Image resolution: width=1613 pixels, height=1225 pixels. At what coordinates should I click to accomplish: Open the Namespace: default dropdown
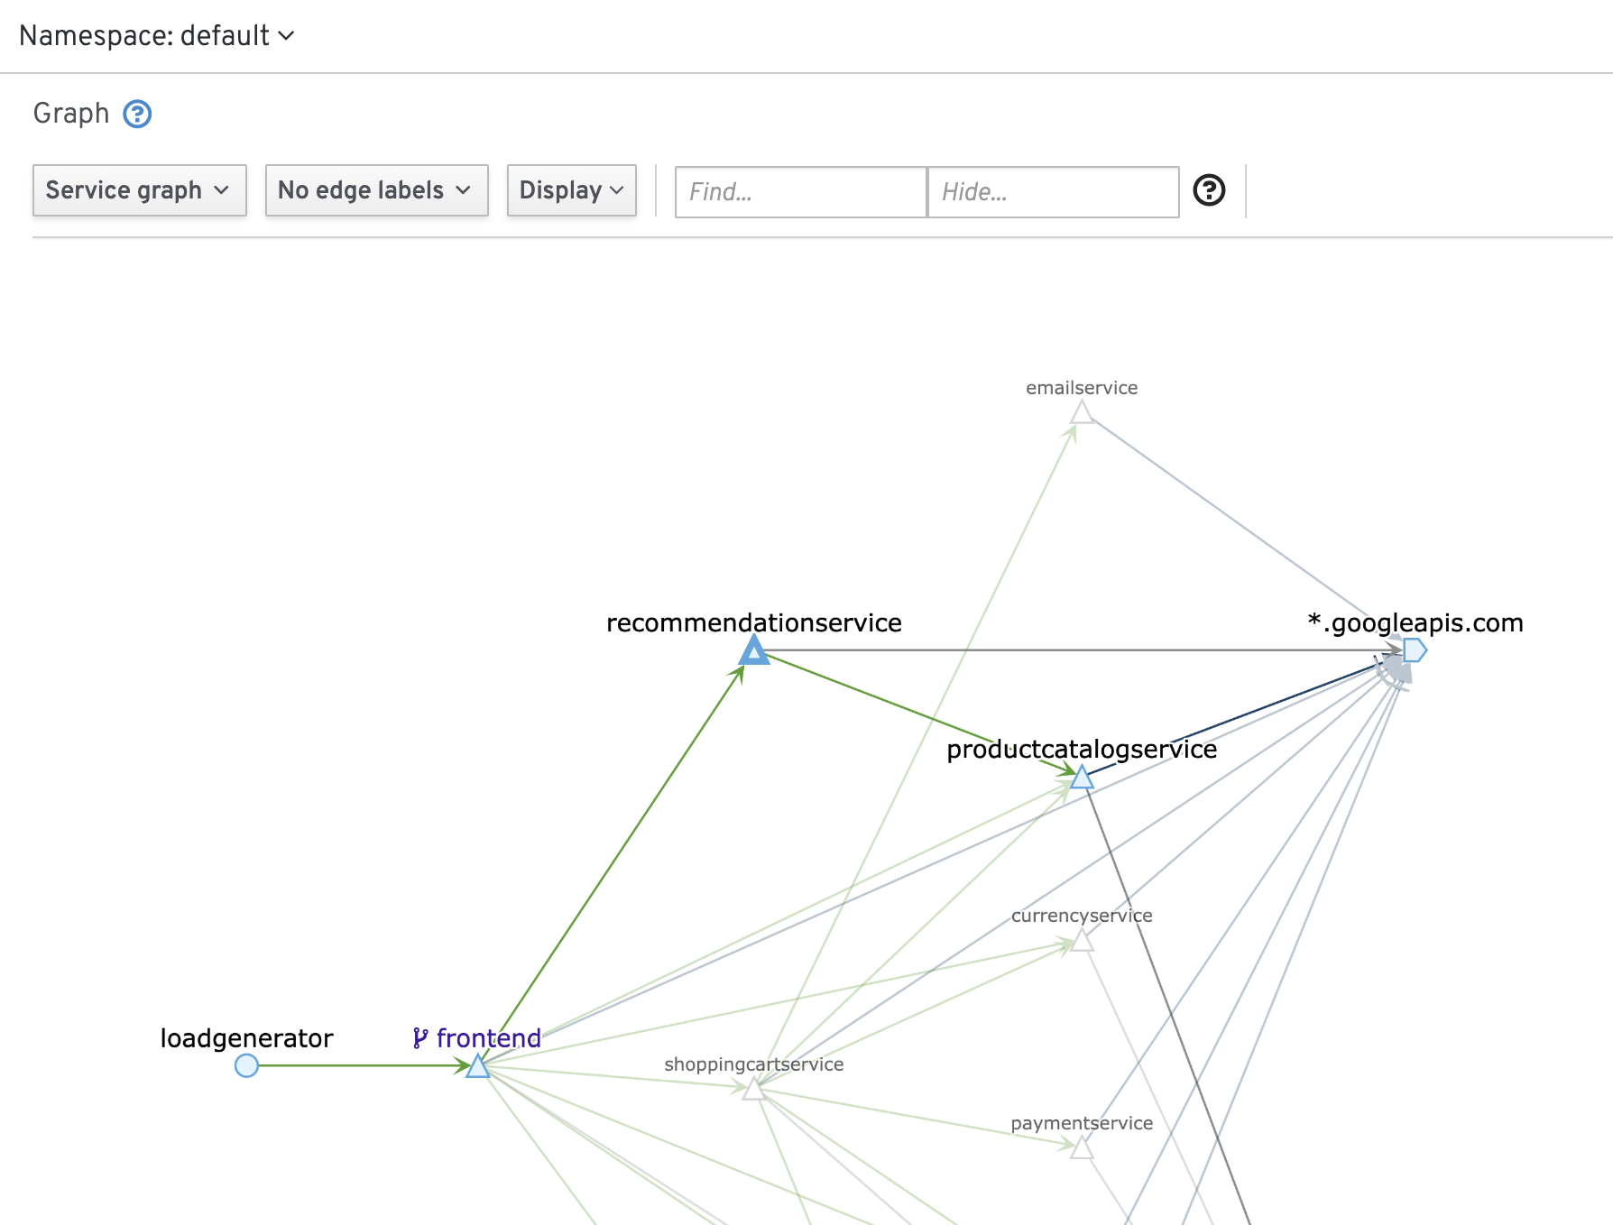point(157,36)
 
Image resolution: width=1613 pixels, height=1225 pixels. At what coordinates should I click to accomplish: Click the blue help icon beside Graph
point(137,114)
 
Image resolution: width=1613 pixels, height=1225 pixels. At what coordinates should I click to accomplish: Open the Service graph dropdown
point(140,190)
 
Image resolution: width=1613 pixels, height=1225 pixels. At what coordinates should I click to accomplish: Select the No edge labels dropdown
point(376,190)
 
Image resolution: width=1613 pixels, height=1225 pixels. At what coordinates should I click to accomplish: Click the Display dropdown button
point(572,190)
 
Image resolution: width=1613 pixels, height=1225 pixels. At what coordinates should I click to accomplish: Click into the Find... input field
point(801,192)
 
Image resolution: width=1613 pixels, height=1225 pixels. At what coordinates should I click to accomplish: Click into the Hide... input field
point(1054,192)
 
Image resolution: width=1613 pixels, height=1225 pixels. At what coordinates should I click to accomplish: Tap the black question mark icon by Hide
point(1209,190)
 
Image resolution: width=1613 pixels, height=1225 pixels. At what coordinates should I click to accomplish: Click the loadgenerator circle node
point(246,1065)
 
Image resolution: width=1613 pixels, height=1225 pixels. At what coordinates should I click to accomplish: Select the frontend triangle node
point(477,1067)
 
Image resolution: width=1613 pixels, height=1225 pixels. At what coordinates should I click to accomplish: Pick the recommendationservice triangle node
point(754,650)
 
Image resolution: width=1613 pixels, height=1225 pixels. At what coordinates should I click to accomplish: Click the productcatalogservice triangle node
point(1082,777)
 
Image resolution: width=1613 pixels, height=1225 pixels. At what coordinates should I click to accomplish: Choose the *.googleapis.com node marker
point(1415,649)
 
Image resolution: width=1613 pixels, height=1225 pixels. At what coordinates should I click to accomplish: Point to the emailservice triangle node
point(1082,413)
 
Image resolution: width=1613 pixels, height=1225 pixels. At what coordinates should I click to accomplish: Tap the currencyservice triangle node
point(1082,941)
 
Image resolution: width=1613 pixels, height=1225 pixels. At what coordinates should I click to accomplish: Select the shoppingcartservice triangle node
point(754,1090)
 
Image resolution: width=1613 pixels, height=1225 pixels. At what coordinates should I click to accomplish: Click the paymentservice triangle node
point(1082,1148)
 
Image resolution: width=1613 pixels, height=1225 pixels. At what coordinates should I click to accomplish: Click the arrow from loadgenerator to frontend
point(362,1065)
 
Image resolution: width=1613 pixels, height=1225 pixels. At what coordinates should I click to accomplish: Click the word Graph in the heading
point(71,114)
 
